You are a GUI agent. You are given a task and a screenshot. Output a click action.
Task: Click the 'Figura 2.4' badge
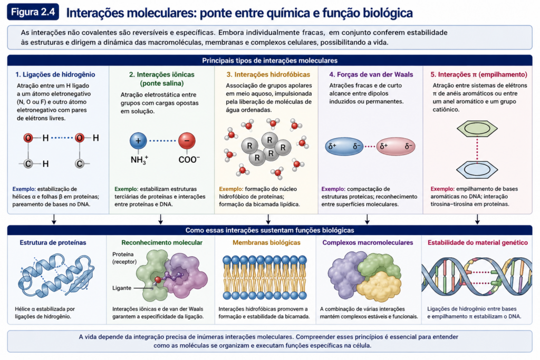(x=33, y=12)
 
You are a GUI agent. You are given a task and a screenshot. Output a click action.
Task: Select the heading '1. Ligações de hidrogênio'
(x=55, y=74)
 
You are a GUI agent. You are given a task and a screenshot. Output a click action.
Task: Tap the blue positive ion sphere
(x=138, y=141)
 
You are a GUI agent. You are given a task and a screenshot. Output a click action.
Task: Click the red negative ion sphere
(x=187, y=141)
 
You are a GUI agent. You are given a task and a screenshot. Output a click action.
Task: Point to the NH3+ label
(x=139, y=160)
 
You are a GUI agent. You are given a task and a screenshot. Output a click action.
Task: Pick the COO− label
(x=189, y=160)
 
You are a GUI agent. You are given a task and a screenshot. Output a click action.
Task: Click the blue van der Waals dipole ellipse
(x=344, y=147)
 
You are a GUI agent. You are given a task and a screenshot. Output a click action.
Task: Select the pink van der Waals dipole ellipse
(x=396, y=147)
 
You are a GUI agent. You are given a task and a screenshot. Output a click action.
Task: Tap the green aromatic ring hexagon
(x=477, y=129)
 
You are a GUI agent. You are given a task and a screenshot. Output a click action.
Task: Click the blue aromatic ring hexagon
(x=477, y=170)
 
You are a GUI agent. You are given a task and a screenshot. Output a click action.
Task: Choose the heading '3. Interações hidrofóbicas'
(x=268, y=74)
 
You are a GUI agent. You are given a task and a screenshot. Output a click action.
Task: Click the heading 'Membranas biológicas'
(x=266, y=242)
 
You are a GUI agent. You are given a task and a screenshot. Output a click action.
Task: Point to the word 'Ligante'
(x=122, y=288)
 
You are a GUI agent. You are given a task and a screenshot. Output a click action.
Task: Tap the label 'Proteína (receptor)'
(x=124, y=258)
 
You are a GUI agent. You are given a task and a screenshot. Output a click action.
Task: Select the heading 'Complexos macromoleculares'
(x=368, y=242)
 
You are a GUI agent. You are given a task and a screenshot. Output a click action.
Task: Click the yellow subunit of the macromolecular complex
(x=379, y=286)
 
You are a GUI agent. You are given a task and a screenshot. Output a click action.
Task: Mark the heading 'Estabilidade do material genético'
(x=478, y=242)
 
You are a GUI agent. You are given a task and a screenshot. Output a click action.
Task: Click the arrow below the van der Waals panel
(x=367, y=219)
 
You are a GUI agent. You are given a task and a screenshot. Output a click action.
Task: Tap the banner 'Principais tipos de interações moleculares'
(x=269, y=61)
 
